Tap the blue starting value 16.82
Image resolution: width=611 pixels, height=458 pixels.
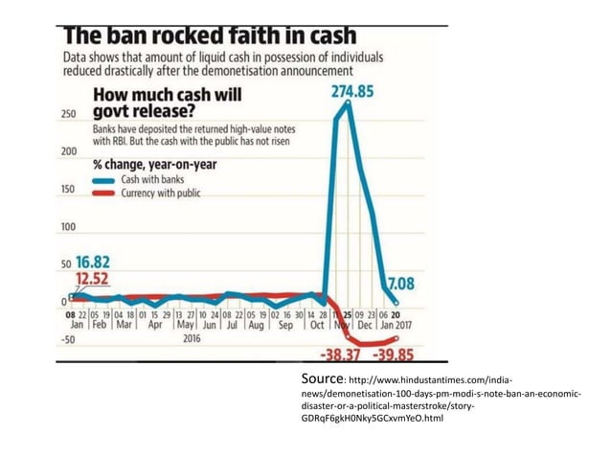coord(93,263)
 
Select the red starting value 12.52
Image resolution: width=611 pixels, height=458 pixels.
coord(93,279)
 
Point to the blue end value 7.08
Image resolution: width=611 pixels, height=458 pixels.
coord(399,283)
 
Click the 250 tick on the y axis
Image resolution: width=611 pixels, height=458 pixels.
coord(68,113)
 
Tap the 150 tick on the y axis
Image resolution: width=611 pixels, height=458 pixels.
coord(68,189)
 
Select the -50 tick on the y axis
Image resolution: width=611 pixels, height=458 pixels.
coord(68,339)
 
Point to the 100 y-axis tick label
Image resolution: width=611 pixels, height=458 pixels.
coord(68,227)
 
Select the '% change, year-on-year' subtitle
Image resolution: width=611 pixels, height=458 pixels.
coord(153,164)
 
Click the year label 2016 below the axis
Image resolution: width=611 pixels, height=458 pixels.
coord(191,338)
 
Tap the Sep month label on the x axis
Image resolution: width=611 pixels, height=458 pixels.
coord(284,325)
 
